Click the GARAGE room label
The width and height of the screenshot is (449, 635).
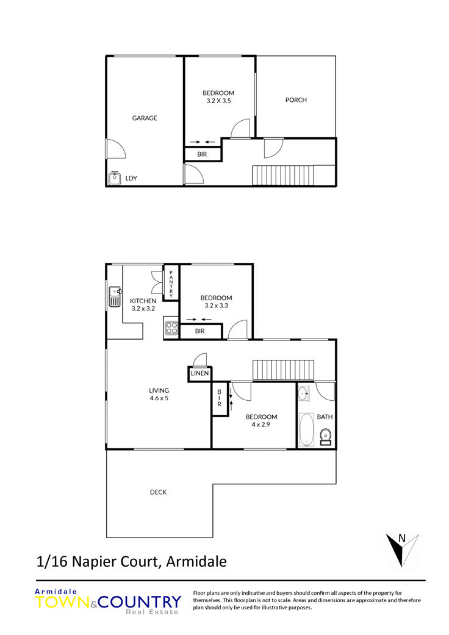pyautogui.click(x=145, y=118)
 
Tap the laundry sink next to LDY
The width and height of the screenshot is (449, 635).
pyautogui.click(x=115, y=178)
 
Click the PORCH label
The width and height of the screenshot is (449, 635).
pyautogui.click(x=296, y=99)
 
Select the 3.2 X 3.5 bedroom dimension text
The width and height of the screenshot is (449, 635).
pyautogui.click(x=218, y=101)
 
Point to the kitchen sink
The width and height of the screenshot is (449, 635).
pyautogui.click(x=115, y=296)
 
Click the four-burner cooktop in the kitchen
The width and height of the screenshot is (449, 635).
pyautogui.click(x=171, y=327)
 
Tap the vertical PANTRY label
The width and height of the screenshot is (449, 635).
pyautogui.click(x=171, y=284)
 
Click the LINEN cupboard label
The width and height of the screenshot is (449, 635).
pyautogui.click(x=199, y=373)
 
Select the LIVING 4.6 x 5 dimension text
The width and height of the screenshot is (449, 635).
pyautogui.click(x=159, y=398)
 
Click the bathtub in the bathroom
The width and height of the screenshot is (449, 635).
pyautogui.click(x=306, y=429)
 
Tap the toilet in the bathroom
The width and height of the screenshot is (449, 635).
pyautogui.click(x=326, y=437)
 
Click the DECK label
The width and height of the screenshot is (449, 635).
pyautogui.click(x=158, y=492)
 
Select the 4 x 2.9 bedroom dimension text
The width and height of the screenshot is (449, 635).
pyautogui.click(x=260, y=425)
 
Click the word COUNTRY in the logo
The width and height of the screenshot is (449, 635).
pyautogui.click(x=139, y=602)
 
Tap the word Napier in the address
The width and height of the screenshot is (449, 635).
pyautogui.click(x=92, y=562)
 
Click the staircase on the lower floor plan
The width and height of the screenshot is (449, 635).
pyautogui.click(x=284, y=370)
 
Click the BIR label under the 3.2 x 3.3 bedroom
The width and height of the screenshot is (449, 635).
pyautogui.click(x=200, y=331)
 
